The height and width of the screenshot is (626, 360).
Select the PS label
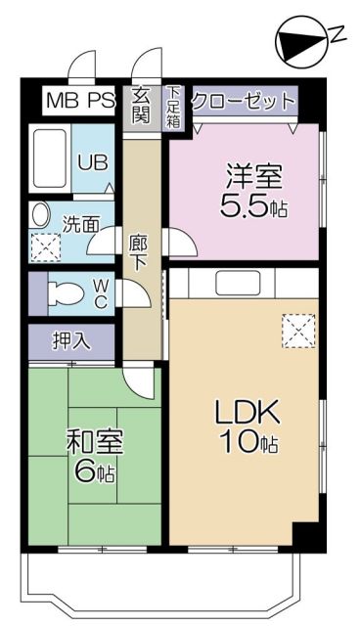[x=102, y=100]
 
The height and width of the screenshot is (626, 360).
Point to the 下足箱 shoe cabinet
[x=174, y=107]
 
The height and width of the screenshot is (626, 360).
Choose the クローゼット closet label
[x=243, y=101]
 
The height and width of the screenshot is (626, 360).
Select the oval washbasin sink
[x=40, y=215]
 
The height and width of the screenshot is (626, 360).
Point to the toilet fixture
[x=63, y=291]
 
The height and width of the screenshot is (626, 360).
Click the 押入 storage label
[x=70, y=341]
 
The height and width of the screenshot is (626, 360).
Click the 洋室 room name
[x=254, y=179]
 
